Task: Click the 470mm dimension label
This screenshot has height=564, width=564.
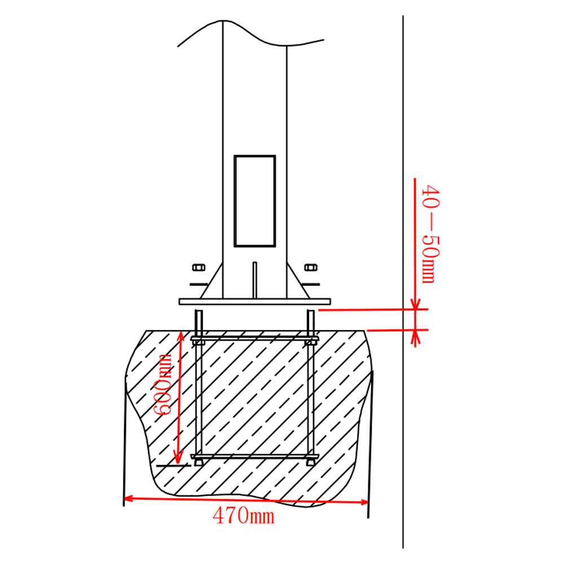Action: point(243,514)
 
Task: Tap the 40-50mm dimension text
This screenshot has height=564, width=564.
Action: point(430,233)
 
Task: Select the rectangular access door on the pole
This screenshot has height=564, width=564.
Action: point(254,201)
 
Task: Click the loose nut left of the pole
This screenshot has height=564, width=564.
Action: point(198,267)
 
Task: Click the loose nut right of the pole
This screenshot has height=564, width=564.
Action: point(310,267)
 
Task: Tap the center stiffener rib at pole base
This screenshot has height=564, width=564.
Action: point(255,280)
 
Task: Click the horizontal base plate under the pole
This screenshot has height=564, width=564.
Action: point(254,302)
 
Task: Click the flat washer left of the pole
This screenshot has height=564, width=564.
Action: point(197,283)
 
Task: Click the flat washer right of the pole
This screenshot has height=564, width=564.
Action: point(311,283)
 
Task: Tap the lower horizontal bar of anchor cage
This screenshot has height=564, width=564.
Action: point(254,456)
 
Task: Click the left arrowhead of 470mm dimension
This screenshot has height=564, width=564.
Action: point(127,497)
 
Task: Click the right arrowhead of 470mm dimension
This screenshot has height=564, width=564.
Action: point(364,501)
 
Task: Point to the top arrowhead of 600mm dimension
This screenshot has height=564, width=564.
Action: point(180,336)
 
